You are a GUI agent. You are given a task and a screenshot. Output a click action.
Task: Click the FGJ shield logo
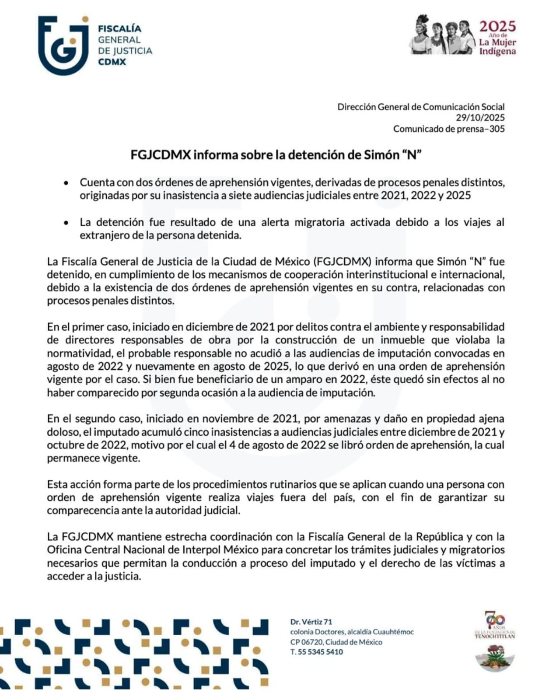tap(63, 45)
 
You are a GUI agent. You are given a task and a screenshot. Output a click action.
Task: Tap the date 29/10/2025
tap(480, 118)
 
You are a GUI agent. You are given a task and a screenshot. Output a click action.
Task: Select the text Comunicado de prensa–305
tap(448, 129)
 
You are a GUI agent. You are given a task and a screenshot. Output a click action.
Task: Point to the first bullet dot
tap(66, 183)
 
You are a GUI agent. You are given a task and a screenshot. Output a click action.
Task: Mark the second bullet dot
tap(66, 223)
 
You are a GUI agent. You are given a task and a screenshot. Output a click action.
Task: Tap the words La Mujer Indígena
tap(497, 47)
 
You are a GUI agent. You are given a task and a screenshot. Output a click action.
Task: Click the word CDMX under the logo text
tap(112, 62)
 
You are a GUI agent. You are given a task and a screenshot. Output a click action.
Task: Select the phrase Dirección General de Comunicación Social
tap(420, 107)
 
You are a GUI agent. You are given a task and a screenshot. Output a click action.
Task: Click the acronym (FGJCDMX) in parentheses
tap(342, 262)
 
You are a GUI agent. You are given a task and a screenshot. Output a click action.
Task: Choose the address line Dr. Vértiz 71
tap(311, 622)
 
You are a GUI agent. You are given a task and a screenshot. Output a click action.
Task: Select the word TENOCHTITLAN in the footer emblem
tap(495, 636)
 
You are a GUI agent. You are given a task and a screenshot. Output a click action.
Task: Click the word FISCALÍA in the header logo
tap(119, 29)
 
